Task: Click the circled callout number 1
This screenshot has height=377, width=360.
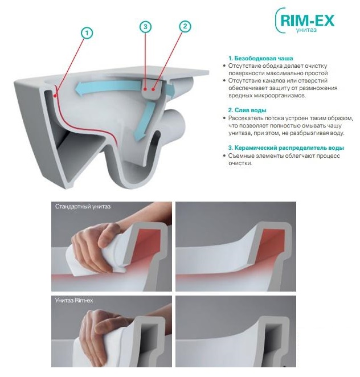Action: (x=87, y=33)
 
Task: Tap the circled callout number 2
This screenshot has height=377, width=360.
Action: (x=185, y=26)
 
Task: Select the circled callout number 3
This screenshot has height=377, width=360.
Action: (x=145, y=27)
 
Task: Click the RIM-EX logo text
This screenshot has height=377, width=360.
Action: (x=307, y=21)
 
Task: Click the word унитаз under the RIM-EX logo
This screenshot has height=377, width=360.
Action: (x=306, y=30)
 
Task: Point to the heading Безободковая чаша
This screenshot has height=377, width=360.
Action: (x=261, y=58)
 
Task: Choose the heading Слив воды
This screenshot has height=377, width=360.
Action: (x=247, y=110)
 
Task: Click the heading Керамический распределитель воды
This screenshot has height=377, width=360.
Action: (x=286, y=147)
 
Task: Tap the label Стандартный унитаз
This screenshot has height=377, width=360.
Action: (x=83, y=206)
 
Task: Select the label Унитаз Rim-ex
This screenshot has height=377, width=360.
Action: (x=74, y=300)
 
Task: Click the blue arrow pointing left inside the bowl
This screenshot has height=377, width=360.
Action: (x=108, y=87)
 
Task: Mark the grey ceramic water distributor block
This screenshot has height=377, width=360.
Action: (x=151, y=88)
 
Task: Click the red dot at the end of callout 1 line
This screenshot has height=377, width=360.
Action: (x=55, y=96)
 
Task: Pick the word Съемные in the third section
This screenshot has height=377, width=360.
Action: (x=240, y=155)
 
